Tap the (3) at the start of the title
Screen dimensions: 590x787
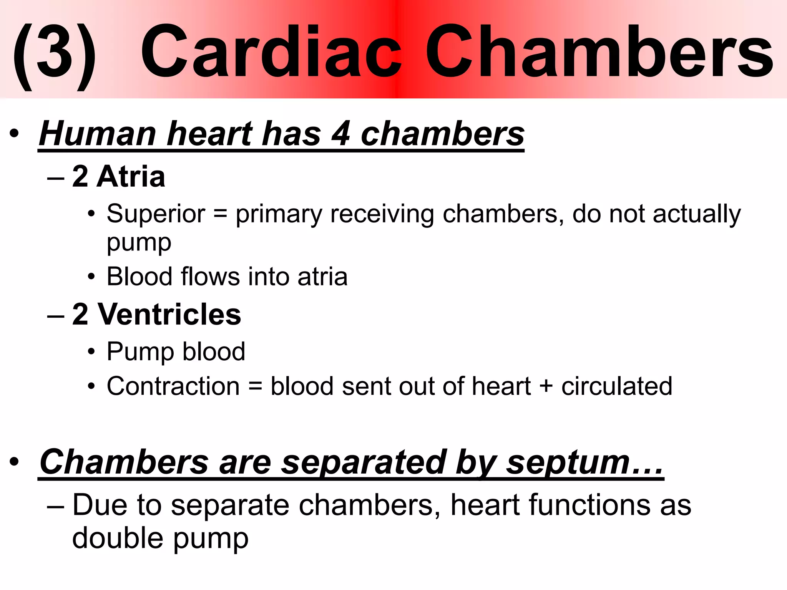tap(54, 54)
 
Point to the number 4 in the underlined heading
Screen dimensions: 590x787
tap(340, 134)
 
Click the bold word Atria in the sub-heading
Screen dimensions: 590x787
tap(131, 177)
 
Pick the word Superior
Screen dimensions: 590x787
tap(156, 214)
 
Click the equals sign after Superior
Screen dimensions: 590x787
tap(220, 214)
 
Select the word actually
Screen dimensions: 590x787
tap(697, 214)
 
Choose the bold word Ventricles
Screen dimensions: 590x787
tap(169, 315)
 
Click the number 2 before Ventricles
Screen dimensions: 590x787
tap(80, 315)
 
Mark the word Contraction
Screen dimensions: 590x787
tap(173, 386)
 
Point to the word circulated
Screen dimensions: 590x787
tap(617, 386)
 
